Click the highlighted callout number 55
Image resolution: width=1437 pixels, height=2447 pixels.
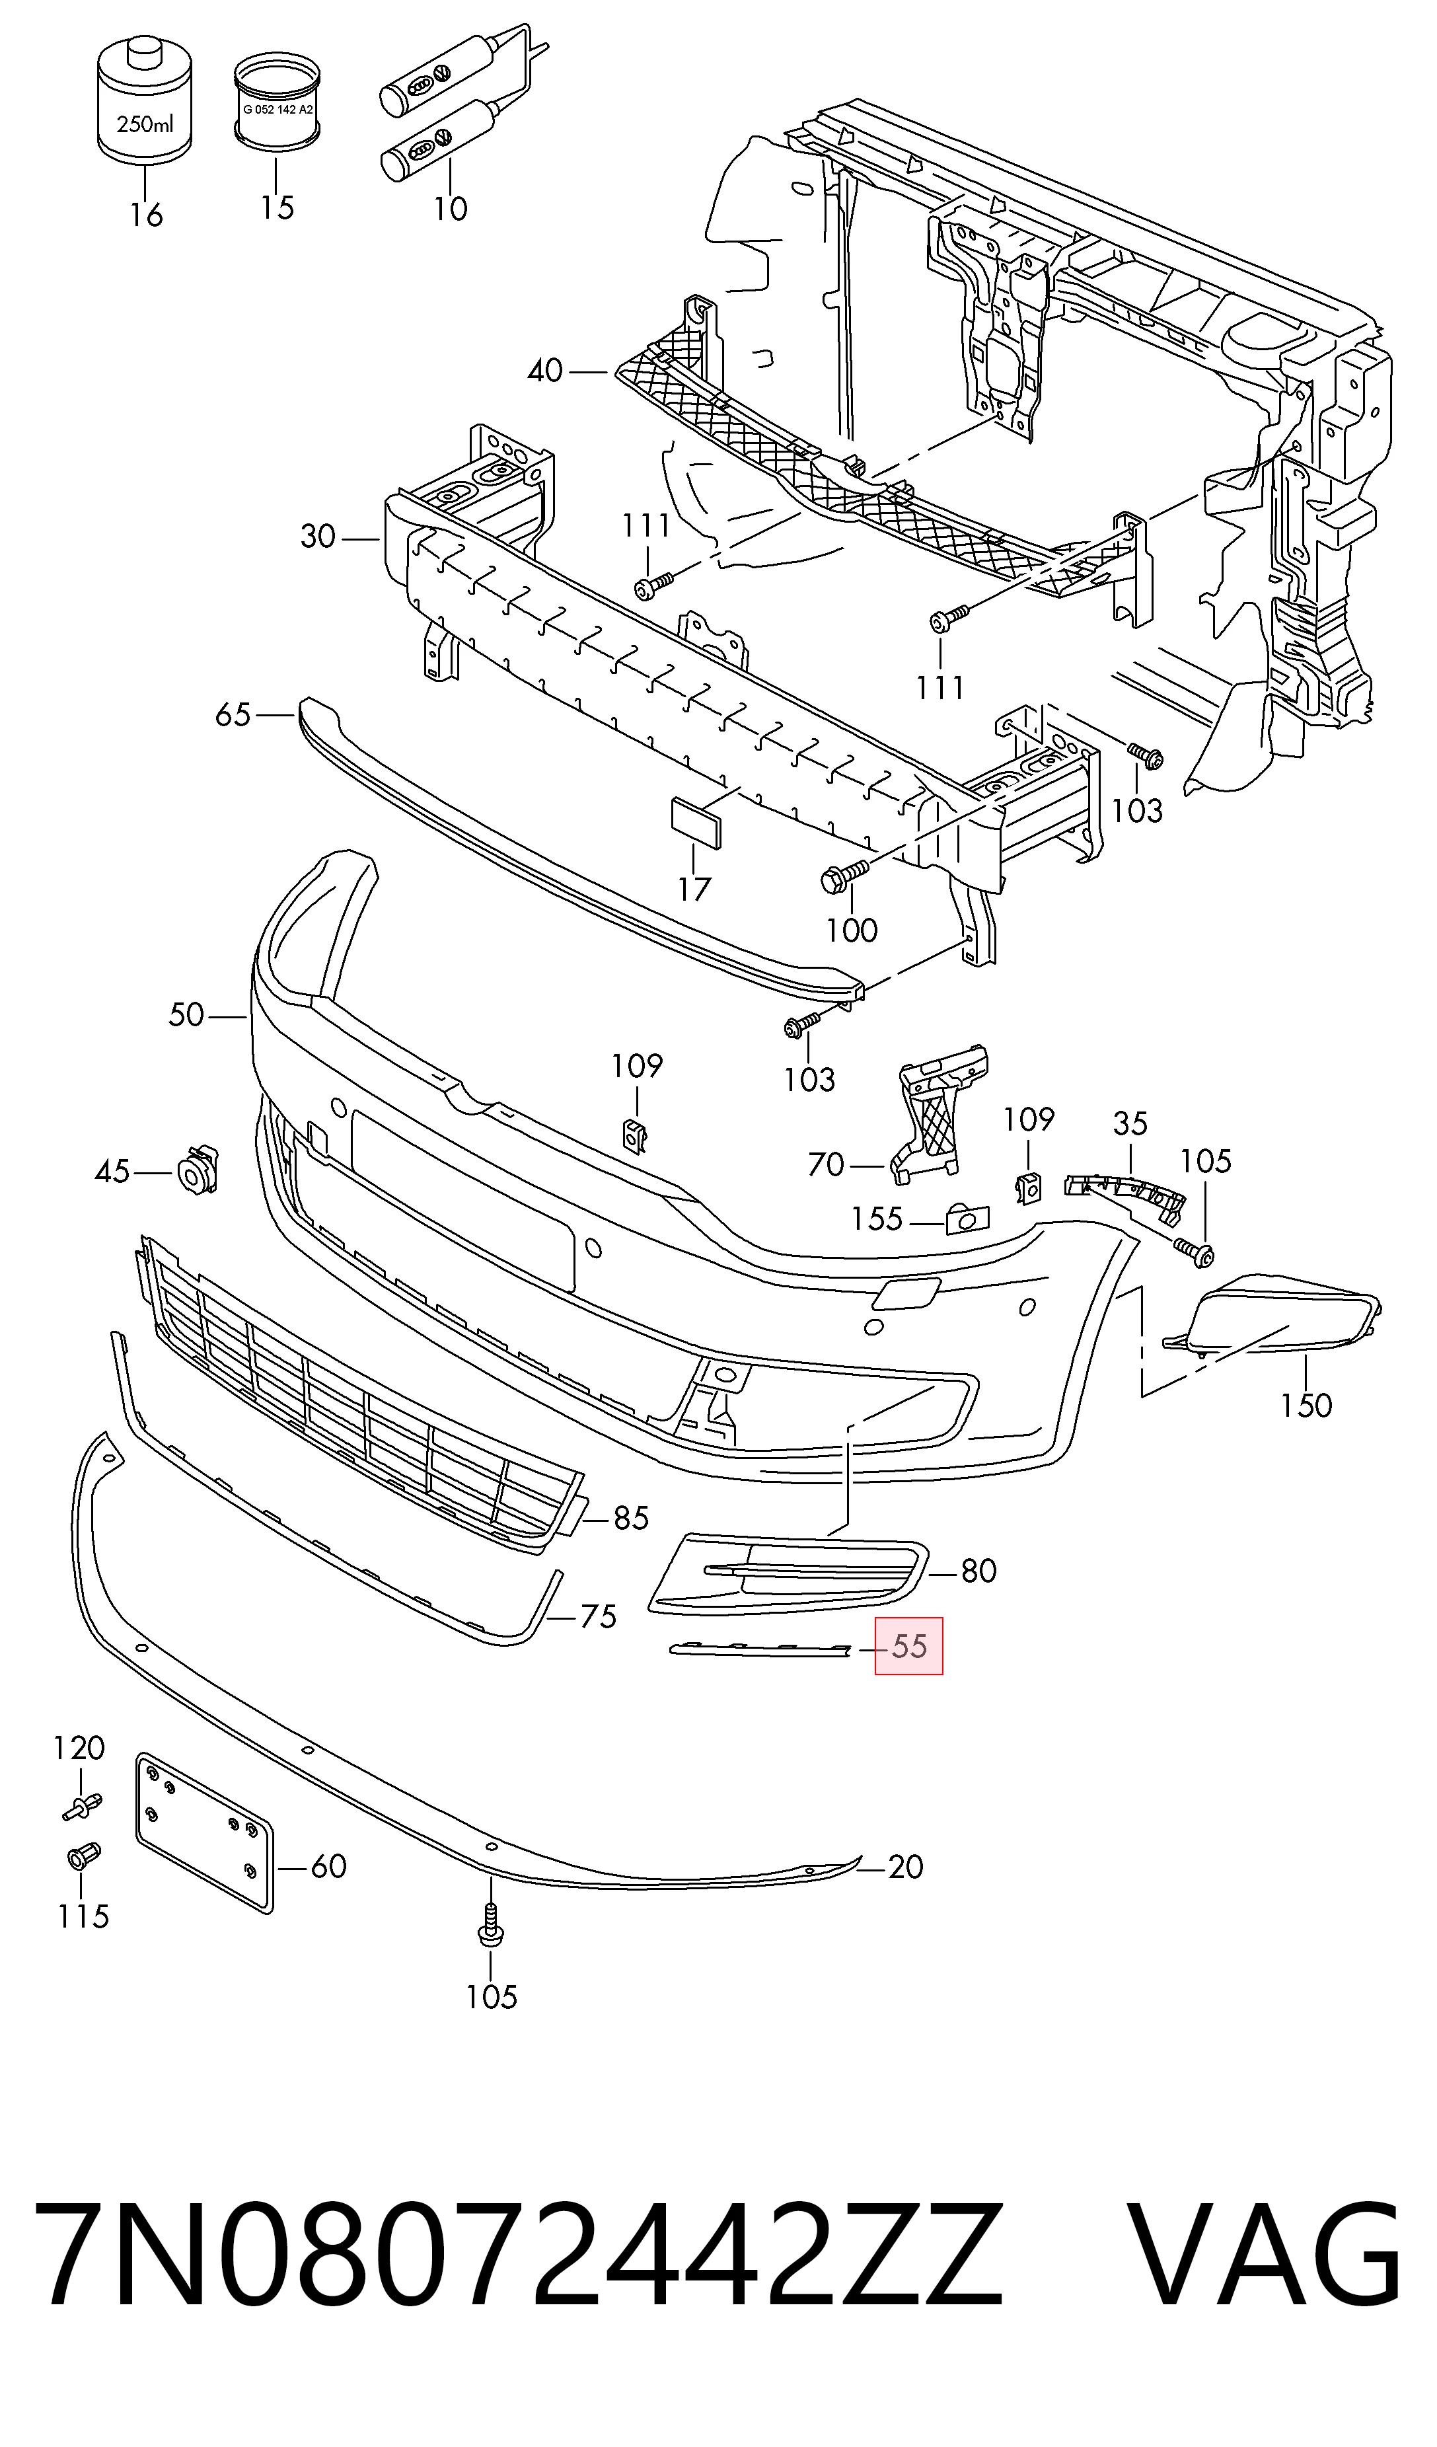pos(909,1646)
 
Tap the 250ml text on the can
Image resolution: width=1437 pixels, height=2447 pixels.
pos(145,124)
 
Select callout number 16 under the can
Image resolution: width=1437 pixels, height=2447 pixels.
pos(147,215)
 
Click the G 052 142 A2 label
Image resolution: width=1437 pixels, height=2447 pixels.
pos(277,110)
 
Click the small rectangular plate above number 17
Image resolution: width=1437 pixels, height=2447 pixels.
pos(696,823)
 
